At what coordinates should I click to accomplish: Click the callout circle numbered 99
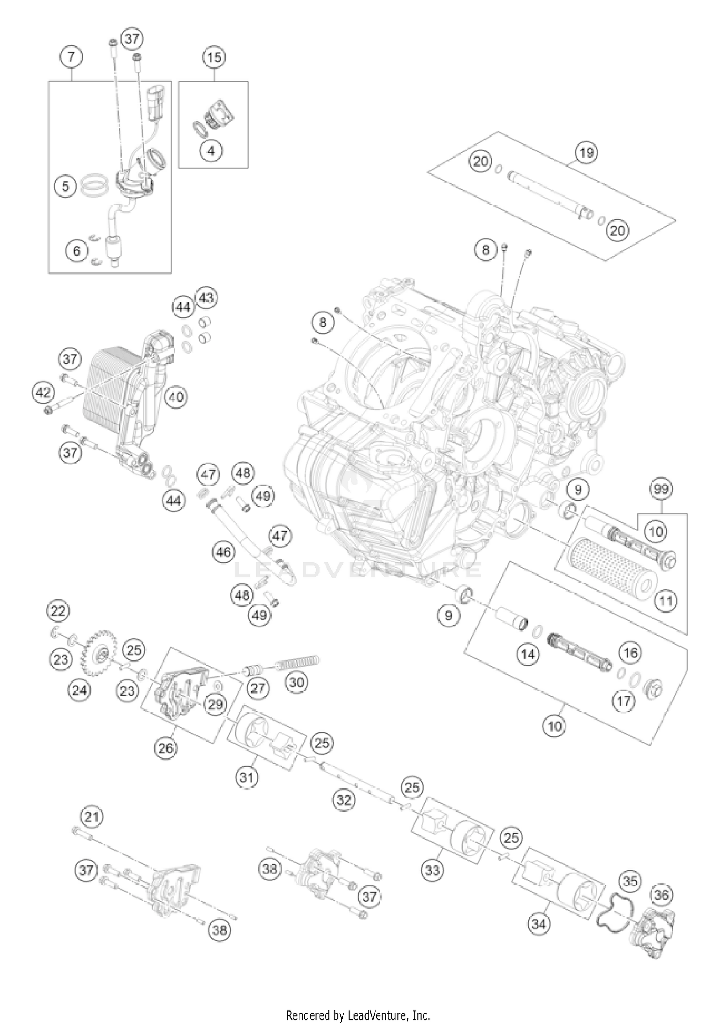662,489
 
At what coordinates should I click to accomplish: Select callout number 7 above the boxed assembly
71,57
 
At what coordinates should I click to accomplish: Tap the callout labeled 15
214,57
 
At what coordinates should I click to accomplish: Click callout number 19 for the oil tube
587,152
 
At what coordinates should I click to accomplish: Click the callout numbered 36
662,895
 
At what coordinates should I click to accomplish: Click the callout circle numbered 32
344,799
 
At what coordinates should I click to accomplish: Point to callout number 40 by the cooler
176,397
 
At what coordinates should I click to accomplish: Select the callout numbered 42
43,393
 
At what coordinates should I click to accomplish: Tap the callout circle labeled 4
211,151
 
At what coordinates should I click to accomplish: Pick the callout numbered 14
528,654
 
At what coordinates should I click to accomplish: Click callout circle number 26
165,748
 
